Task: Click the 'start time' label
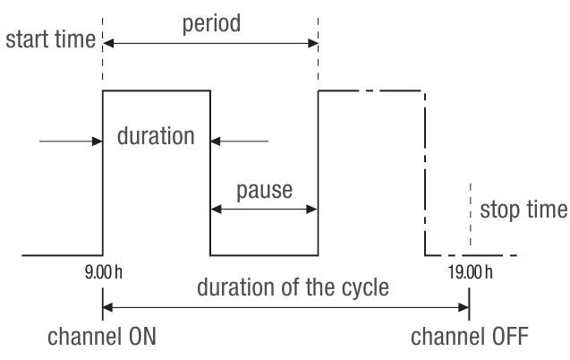[x=51, y=41]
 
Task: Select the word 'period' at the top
[x=212, y=22]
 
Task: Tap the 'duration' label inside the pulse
[x=156, y=137]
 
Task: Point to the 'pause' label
[x=264, y=191]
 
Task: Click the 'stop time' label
[x=523, y=210]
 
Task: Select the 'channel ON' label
[x=103, y=339]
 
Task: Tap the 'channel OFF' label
[x=470, y=339]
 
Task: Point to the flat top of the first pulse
[x=157, y=90]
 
